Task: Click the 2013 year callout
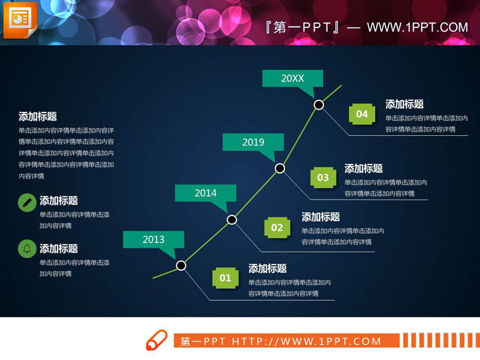[154, 239]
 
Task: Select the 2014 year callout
[205, 193]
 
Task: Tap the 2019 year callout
[253, 142]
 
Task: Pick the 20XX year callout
[292, 78]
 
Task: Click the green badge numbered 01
[226, 278]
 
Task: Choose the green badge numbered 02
[276, 228]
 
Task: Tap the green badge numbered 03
[322, 178]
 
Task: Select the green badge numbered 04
[362, 114]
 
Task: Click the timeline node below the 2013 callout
[181, 265]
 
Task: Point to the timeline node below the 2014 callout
[232, 219]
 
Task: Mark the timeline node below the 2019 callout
[280, 168]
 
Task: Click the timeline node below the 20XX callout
[319, 105]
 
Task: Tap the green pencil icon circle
[27, 202]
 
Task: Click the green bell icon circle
[27, 249]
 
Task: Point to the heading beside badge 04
[404, 104]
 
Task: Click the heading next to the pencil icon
[58, 201]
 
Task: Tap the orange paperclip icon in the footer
[156, 340]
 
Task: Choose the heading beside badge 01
[267, 269]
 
